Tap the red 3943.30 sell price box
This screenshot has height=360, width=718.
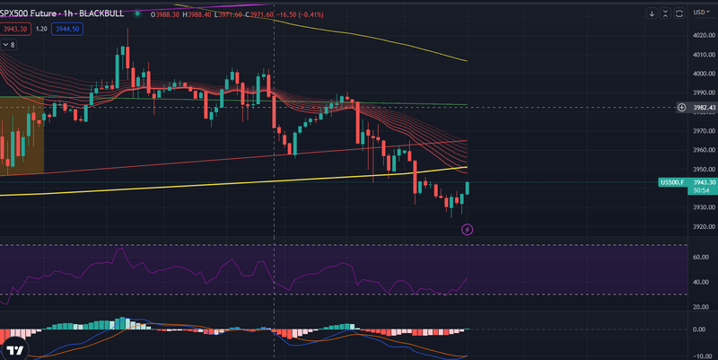tap(14, 29)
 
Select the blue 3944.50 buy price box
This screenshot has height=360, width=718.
tap(68, 29)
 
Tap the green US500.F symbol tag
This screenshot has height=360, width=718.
tap(671, 182)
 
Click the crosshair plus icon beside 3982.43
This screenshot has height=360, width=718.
tap(681, 108)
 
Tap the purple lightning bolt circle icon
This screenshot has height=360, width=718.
tap(467, 230)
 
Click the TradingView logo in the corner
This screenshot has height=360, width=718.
tap(14, 349)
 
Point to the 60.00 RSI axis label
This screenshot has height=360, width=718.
tap(703, 257)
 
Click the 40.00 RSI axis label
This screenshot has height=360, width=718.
tap(703, 282)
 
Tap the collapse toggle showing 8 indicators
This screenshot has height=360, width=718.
tap(9, 44)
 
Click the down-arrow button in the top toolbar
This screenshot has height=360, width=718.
tap(652, 13)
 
